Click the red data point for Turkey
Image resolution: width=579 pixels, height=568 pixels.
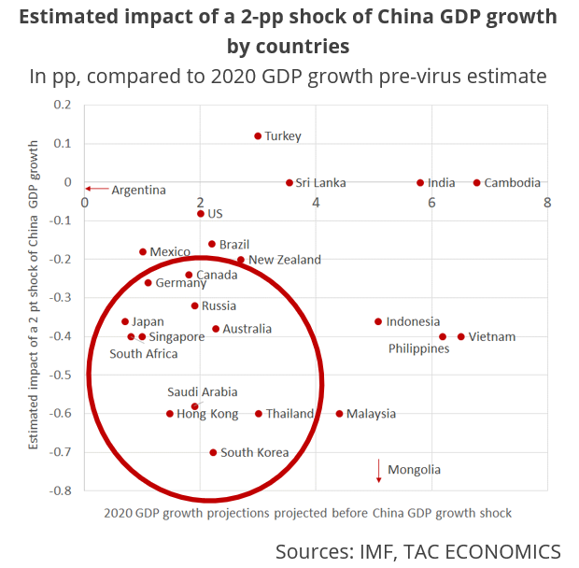point(258,135)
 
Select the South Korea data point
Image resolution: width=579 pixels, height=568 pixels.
point(213,452)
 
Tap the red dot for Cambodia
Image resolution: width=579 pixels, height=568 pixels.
point(476,183)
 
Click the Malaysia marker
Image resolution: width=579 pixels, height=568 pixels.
point(339,414)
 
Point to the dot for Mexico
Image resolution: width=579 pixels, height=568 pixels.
point(143,251)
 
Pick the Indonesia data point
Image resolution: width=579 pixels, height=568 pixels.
point(378,321)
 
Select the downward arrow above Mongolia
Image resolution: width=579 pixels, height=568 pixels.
point(379,470)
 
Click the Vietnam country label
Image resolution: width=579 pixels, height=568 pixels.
point(492,336)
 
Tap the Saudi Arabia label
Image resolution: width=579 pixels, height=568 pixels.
point(203,392)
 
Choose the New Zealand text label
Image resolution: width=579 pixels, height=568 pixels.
point(285,260)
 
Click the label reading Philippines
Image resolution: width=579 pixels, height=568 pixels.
point(419,348)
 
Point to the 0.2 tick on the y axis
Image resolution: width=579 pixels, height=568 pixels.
point(63,105)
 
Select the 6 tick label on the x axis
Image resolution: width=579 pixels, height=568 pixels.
point(431,203)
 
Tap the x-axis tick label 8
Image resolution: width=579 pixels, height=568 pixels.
point(546,203)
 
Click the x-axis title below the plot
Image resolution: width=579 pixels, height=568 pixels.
point(308,513)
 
